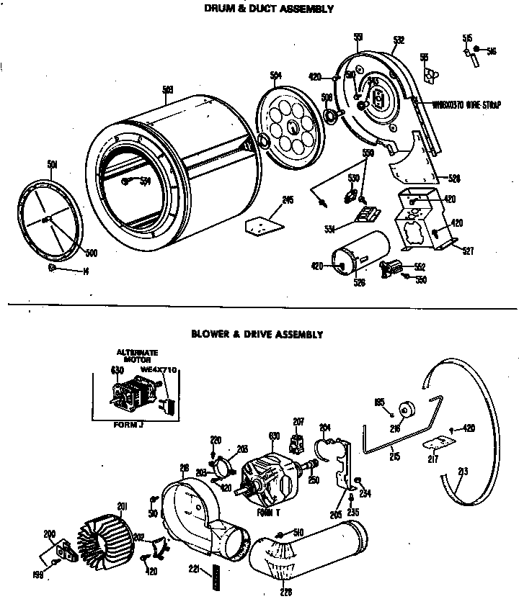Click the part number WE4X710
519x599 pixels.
tap(159, 369)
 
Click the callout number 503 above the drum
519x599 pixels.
tap(167, 89)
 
